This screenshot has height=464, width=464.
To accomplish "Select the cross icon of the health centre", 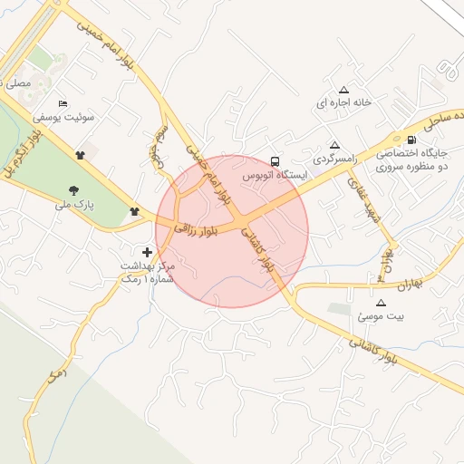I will point(149,250).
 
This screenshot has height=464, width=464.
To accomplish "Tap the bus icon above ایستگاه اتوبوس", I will point(275,160).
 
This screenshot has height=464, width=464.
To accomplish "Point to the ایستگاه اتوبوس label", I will point(275,175).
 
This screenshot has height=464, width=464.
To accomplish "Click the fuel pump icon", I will point(413,140).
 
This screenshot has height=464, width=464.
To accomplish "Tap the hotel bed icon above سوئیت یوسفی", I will point(63,103).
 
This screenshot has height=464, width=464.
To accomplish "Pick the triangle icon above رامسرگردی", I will point(334,145).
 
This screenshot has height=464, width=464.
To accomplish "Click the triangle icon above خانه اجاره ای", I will point(343,90).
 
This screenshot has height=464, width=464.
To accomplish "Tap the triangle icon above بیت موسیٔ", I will point(381,303).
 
